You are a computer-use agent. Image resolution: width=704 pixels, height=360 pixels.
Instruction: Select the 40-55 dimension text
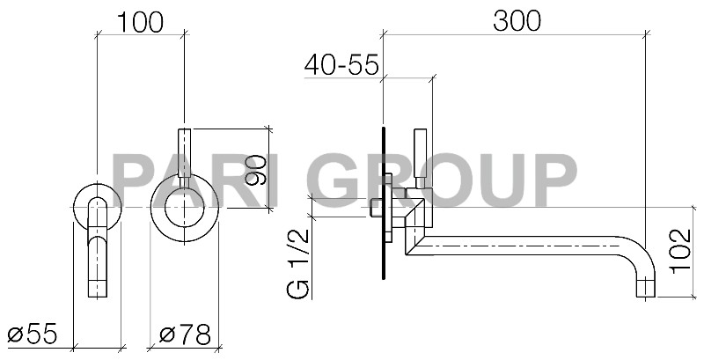tap(341, 64)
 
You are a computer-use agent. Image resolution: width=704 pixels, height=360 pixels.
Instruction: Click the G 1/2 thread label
tap(300, 263)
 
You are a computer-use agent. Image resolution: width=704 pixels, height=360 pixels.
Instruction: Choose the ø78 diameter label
tap(185, 333)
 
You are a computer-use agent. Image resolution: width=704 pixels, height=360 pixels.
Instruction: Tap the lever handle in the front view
tap(185, 154)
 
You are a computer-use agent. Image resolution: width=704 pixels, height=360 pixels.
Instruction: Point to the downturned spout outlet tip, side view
tap(648, 286)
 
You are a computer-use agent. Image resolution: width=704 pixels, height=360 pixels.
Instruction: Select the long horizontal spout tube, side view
tap(528, 246)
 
